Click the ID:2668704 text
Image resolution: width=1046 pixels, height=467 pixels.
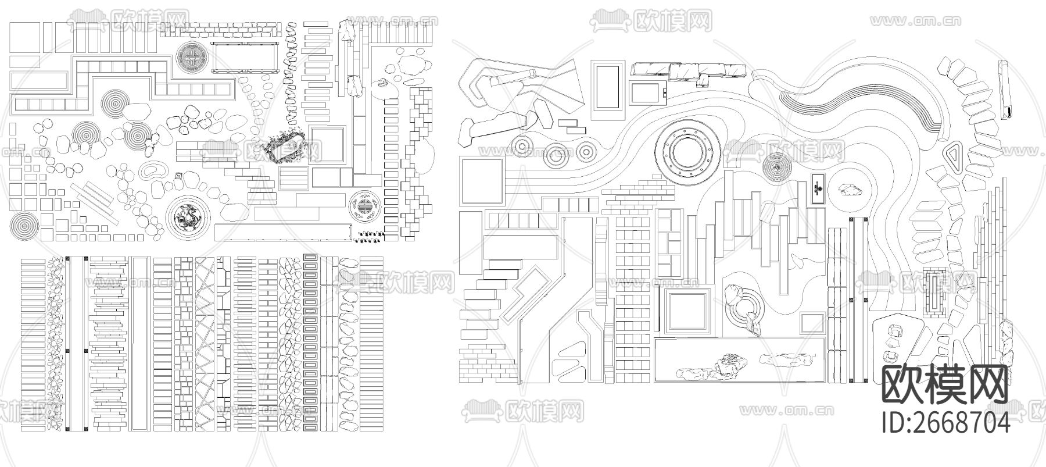click(x=945, y=422)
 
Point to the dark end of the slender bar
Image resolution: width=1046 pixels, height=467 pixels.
click(x=1009, y=110)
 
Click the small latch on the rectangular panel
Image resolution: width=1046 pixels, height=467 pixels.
click(x=664, y=92)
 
